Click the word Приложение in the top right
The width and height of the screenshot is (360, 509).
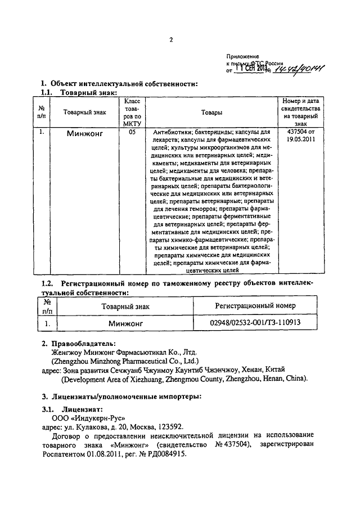pos(242,57)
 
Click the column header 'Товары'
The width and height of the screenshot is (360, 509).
pos(211,112)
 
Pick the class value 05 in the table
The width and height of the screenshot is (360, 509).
pos(132,133)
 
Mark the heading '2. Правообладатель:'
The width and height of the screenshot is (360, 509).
pos(79,343)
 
